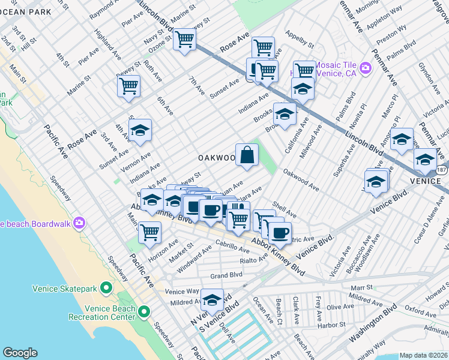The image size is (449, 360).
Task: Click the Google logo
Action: click(20, 353)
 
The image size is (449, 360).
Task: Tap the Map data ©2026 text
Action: click(423, 355)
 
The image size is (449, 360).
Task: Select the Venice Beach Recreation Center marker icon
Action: click(143, 312)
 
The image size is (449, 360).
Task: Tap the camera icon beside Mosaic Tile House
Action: click(366, 69)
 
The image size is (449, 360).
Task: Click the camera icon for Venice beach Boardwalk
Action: click(80, 224)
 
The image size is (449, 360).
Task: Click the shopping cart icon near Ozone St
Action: click(185, 40)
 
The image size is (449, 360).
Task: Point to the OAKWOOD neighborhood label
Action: click(216, 158)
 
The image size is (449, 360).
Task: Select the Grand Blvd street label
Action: click(226, 275)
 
